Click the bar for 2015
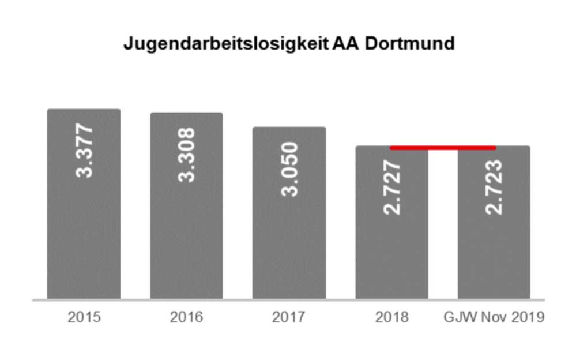[x=84, y=204]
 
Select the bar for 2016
[x=187, y=206]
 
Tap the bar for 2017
[x=289, y=213]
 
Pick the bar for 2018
[x=391, y=223]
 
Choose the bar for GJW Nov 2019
[x=494, y=223]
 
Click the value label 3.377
[x=84, y=151]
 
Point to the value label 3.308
[x=187, y=155]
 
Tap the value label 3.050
[x=289, y=169]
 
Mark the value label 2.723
[x=494, y=187]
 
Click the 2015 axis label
[x=84, y=317]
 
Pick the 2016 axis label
[x=186, y=317]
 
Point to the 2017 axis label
[x=288, y=317]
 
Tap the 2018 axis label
[x=391, y=317]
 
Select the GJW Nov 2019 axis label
[x=494, y=317]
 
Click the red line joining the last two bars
[x=443, y=148]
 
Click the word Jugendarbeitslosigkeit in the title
[x=226, y=44]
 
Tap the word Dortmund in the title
[x=410, y=43]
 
